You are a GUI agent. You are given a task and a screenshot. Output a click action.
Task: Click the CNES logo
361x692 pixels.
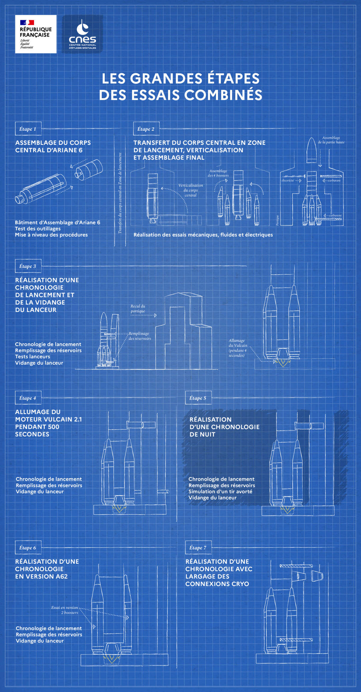pyautogui.click(x=82, y=34)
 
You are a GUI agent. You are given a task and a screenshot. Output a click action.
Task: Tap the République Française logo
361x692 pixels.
pyautogui.click(x=36, y=34)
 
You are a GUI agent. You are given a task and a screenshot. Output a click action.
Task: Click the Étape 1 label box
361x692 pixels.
pyautogui.click(x=28, y=129)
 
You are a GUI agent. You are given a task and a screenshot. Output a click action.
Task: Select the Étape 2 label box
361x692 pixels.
pyautogui.click(x=146, y=129)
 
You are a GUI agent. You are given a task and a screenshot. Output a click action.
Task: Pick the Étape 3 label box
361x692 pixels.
pyautogui.click(x=28, y=266)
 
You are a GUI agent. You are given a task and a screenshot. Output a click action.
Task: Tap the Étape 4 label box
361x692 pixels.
pyautogui.click(x=28, y=398)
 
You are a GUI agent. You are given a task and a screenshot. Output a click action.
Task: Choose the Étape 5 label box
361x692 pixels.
pyautogui.click(x=198, y=398)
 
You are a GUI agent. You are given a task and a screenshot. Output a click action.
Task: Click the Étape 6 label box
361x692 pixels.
pyautogui.click(x=28, y=548)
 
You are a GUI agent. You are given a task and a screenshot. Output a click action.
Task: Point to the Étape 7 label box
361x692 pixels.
pyautogui.click(x=198, y=548)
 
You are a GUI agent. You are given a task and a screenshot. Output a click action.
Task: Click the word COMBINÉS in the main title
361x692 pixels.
pyautogui.click(x=223, y=95)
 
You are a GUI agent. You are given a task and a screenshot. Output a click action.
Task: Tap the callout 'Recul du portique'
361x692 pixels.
pyautogui.click(x=138, y=309)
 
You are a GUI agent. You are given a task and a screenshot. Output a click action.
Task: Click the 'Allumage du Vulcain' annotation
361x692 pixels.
pyautogui.click(x=238, y=348)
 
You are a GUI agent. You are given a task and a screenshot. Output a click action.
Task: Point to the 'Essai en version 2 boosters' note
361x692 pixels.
pyautogui.click(x=65, y=610)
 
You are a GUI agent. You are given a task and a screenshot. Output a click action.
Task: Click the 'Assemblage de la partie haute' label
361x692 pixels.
pyautogui.click(x=331, y=140)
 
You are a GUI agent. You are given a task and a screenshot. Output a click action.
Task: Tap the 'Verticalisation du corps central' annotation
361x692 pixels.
pyautogui.click(x=191, y=190)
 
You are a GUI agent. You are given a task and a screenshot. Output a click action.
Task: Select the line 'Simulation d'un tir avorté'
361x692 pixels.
pyautogui.click(x=221, y=491)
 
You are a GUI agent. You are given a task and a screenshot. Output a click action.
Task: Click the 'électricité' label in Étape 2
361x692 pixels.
pyautogui.click(x=288, y=180)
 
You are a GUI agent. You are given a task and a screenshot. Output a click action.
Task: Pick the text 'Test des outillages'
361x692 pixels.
pyautogui.click(x=38, y=229)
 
